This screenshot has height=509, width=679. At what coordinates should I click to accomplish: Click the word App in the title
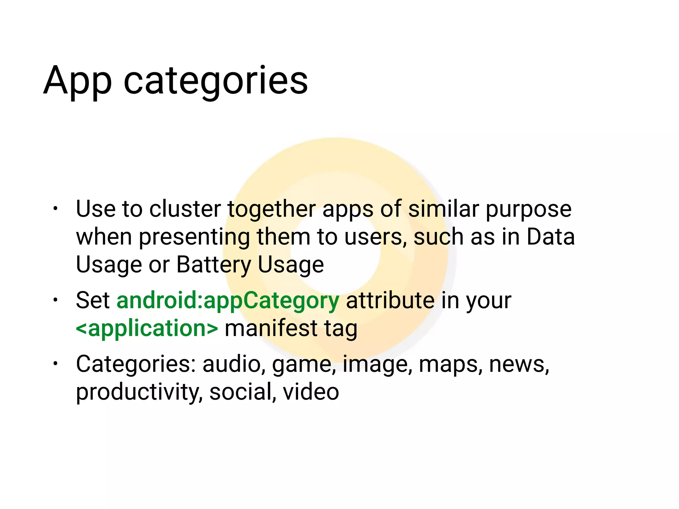pos(77,81)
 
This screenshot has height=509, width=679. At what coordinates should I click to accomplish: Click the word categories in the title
pos(216,81)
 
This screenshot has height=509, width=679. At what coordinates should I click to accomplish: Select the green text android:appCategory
pos(228,301)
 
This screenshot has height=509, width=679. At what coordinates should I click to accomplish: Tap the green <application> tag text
pos(147,328)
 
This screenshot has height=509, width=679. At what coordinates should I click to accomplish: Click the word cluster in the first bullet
pos(185,209)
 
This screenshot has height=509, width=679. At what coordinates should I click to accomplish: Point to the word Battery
pos(214,265)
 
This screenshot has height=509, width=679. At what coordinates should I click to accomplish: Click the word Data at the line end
pos(551,237)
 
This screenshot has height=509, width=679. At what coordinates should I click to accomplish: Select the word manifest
pos(271,328)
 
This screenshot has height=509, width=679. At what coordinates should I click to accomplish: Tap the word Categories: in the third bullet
pos(136,364)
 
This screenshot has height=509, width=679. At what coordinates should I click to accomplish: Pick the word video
pos(311,392)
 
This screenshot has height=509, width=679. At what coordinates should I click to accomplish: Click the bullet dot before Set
pos(55,300)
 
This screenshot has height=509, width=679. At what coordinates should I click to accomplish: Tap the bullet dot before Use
pos(55,209)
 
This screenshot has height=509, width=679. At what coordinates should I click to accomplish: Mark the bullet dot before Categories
pos(55,364)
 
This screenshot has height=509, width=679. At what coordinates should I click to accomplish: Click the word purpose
pos(528,210)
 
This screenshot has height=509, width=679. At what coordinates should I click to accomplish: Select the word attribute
pos(390,301)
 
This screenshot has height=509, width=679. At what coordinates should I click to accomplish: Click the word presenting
pos(194,238)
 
